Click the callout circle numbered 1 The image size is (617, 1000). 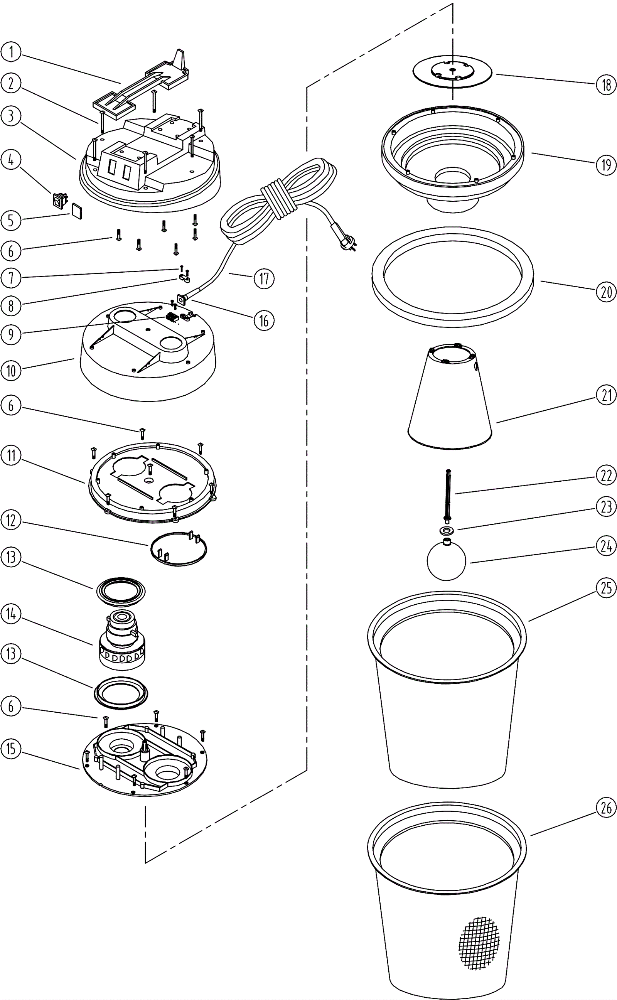(x=11, y=52)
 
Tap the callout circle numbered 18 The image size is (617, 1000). (x=606, y=84)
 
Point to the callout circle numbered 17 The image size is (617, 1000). (x=264, y=279)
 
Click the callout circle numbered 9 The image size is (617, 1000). (x=11, y=334)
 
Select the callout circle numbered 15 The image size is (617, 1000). (x=11, y=749)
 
